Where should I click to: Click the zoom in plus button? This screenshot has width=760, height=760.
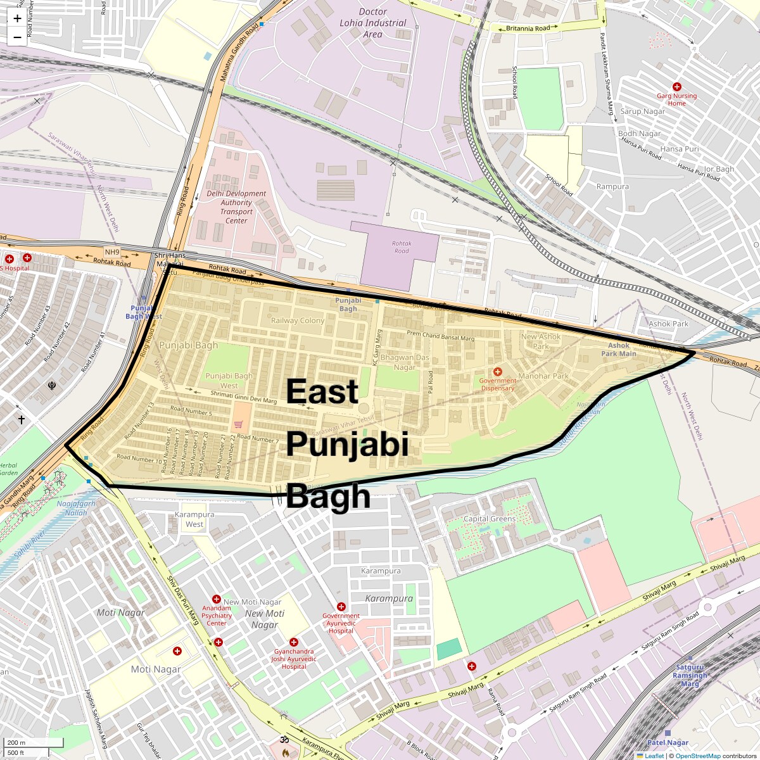click(x=17, y=18)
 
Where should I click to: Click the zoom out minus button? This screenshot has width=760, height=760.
click(x=17, y=37)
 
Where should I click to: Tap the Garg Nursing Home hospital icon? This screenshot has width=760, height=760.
click(x=676, y=87)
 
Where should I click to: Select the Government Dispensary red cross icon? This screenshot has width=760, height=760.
click(x=497, y=372)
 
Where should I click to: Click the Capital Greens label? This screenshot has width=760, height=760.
click(x=490, y=519)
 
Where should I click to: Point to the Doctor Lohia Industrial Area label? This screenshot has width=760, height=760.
click(x=373, y=23)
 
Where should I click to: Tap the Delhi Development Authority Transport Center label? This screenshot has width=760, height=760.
click(x=236, y=207)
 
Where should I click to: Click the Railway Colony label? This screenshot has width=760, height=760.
click(x=298, y=320)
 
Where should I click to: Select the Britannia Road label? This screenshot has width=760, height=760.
click(x=528, y=28)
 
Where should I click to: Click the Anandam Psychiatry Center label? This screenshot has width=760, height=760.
click(x=217, y=615)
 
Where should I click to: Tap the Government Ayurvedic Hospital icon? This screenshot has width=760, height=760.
click(x=341, y=607)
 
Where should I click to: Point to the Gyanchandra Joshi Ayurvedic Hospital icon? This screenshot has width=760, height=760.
click(x=293, y=642)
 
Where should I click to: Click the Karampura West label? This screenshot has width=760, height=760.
click(x=194, y=519)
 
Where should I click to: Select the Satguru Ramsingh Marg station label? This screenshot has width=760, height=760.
click(x=690, y=675)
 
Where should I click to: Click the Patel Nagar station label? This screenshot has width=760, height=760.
click(x=668, y=742)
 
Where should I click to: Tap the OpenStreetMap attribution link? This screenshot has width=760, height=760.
click(x=697, y=756)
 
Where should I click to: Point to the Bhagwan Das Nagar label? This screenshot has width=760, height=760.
click(x=405, y=362)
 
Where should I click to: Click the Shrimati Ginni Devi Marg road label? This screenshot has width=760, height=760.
click(x=244, y=396)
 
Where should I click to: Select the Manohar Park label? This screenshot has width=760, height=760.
click(x=543, y=376)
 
